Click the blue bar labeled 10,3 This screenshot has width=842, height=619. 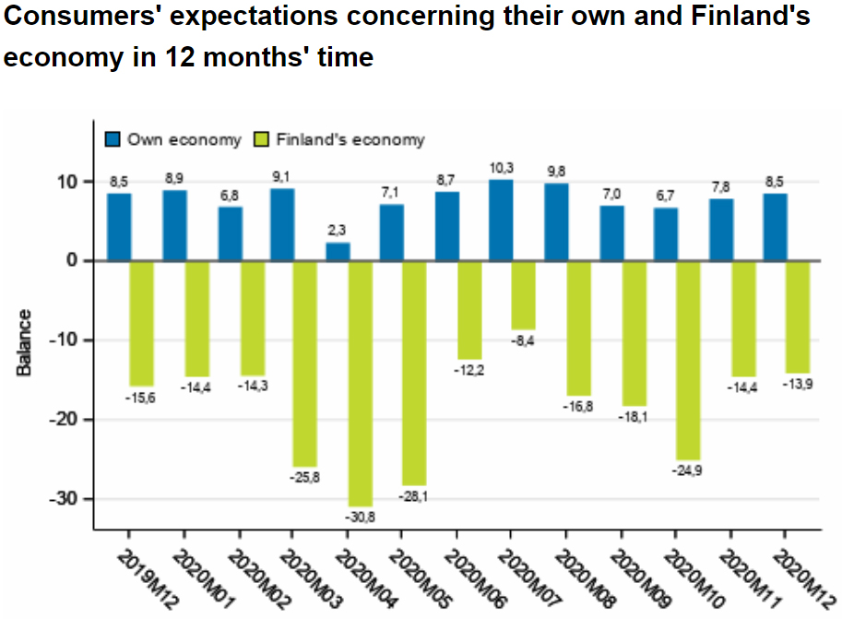point(501,220)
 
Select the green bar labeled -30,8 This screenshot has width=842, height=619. point(361,383)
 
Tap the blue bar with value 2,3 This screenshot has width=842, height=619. point(338,251)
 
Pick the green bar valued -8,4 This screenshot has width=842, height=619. point(524,295)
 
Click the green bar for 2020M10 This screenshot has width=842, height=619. point(688,360)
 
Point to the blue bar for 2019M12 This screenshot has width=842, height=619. point(119,226)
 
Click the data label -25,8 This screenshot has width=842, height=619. point(304,477)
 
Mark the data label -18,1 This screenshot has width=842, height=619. point(634,417)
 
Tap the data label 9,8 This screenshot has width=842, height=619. point(556,172)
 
